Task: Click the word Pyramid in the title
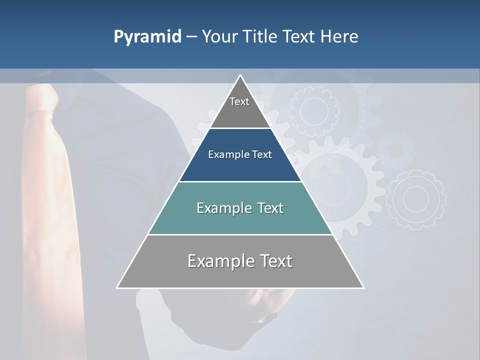(x=147, y=37)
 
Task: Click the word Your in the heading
(x=218, y=37)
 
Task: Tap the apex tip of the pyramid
(x=240, y=76)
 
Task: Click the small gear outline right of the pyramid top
(x=314, y=111)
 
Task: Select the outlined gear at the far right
(x=416, y=199)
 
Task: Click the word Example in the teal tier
(x=218, y=208)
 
